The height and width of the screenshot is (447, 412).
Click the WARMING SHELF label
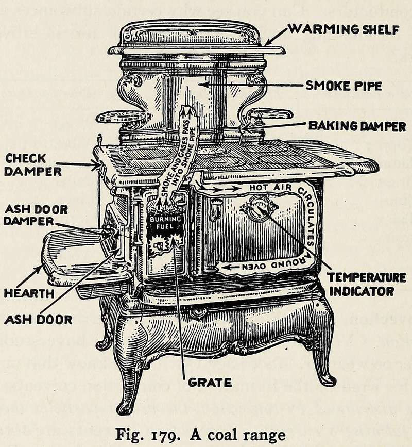coord(344,29)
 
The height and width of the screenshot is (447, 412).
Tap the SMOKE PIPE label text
coord(344,86)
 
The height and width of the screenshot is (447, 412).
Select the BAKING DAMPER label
coord(357,126)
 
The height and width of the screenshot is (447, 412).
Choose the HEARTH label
coord(29,293)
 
